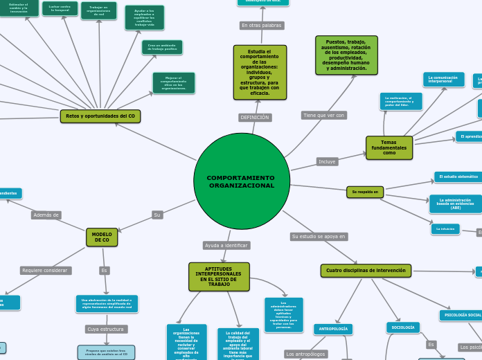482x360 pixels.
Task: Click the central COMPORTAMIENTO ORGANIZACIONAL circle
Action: tap(242, 181)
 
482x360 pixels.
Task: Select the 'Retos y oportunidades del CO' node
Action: tap(100, 116)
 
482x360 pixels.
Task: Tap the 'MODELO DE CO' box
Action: tap(102, 237)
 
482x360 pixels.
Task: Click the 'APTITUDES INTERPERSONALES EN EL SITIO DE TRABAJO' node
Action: tap(219, 276)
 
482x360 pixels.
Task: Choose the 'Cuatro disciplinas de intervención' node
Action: tap(366, 270)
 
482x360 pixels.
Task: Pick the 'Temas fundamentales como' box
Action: tap(389, 147)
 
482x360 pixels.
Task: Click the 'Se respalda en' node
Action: tap(365, 192)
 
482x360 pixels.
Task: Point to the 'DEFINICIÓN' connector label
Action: tap(255, 118)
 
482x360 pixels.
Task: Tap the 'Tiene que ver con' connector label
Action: tap(323, 115)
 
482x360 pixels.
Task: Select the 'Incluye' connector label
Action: tap(327, 161)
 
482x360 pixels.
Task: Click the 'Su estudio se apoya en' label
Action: tap(319, 236)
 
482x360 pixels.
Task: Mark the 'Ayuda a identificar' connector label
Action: tap(226, 245)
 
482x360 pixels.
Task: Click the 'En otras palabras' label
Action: tap(262, 26)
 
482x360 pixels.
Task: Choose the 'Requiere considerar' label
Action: tap(46, 270)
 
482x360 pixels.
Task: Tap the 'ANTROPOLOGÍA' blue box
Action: tap(333, 329)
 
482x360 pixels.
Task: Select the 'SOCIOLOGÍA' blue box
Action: tap(403, 327)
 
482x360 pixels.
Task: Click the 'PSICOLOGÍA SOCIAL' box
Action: tap(461, 316)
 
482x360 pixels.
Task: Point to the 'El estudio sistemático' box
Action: tap(458, 177)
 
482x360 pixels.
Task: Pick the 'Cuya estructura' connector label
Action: tap(106, 329)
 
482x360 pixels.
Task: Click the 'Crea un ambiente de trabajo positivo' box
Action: tap(163, 47)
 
